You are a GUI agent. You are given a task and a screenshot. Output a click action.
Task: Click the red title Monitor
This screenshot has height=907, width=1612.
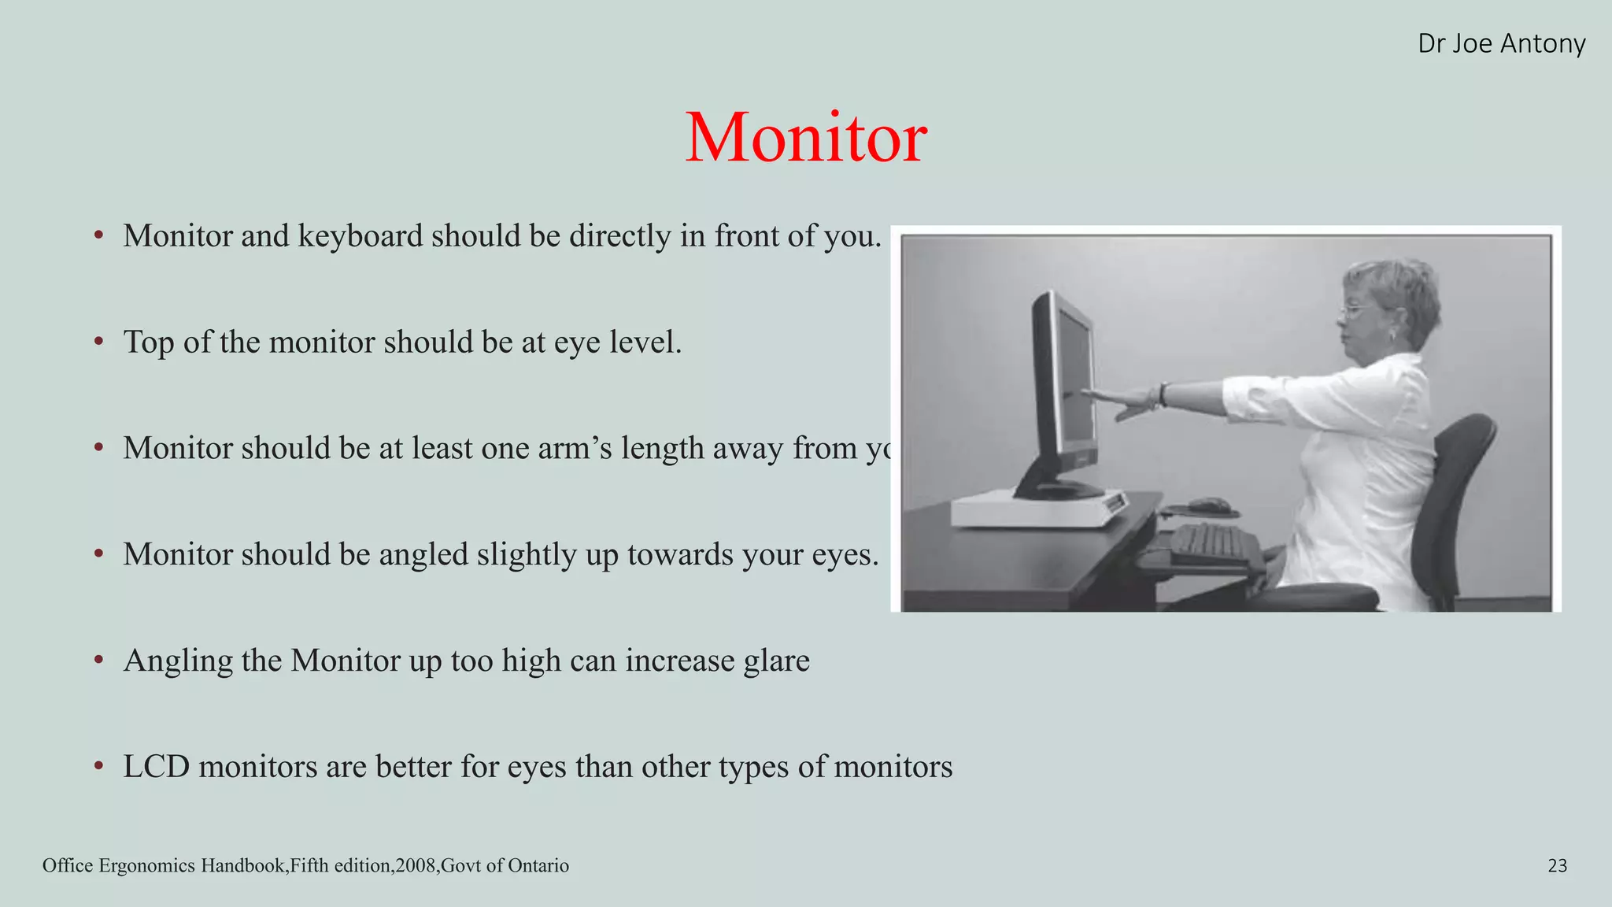click(x=805, y=138)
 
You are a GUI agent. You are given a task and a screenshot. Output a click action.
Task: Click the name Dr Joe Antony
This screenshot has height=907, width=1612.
click(x=1501, y=43)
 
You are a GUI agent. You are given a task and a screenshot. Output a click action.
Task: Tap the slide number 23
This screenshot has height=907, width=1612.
click(x=1557, y=866)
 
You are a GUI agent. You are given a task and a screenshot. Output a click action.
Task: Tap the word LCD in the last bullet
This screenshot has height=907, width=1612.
click(x=156, y=767)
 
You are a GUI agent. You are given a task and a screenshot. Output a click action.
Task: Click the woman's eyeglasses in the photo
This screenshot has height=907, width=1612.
click(x=1352, y=311)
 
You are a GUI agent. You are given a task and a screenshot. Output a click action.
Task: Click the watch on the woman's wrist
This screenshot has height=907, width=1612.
click(x=1163, y=394)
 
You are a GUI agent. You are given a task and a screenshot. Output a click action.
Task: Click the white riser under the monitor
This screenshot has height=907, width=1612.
click(x=1031, y=512)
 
